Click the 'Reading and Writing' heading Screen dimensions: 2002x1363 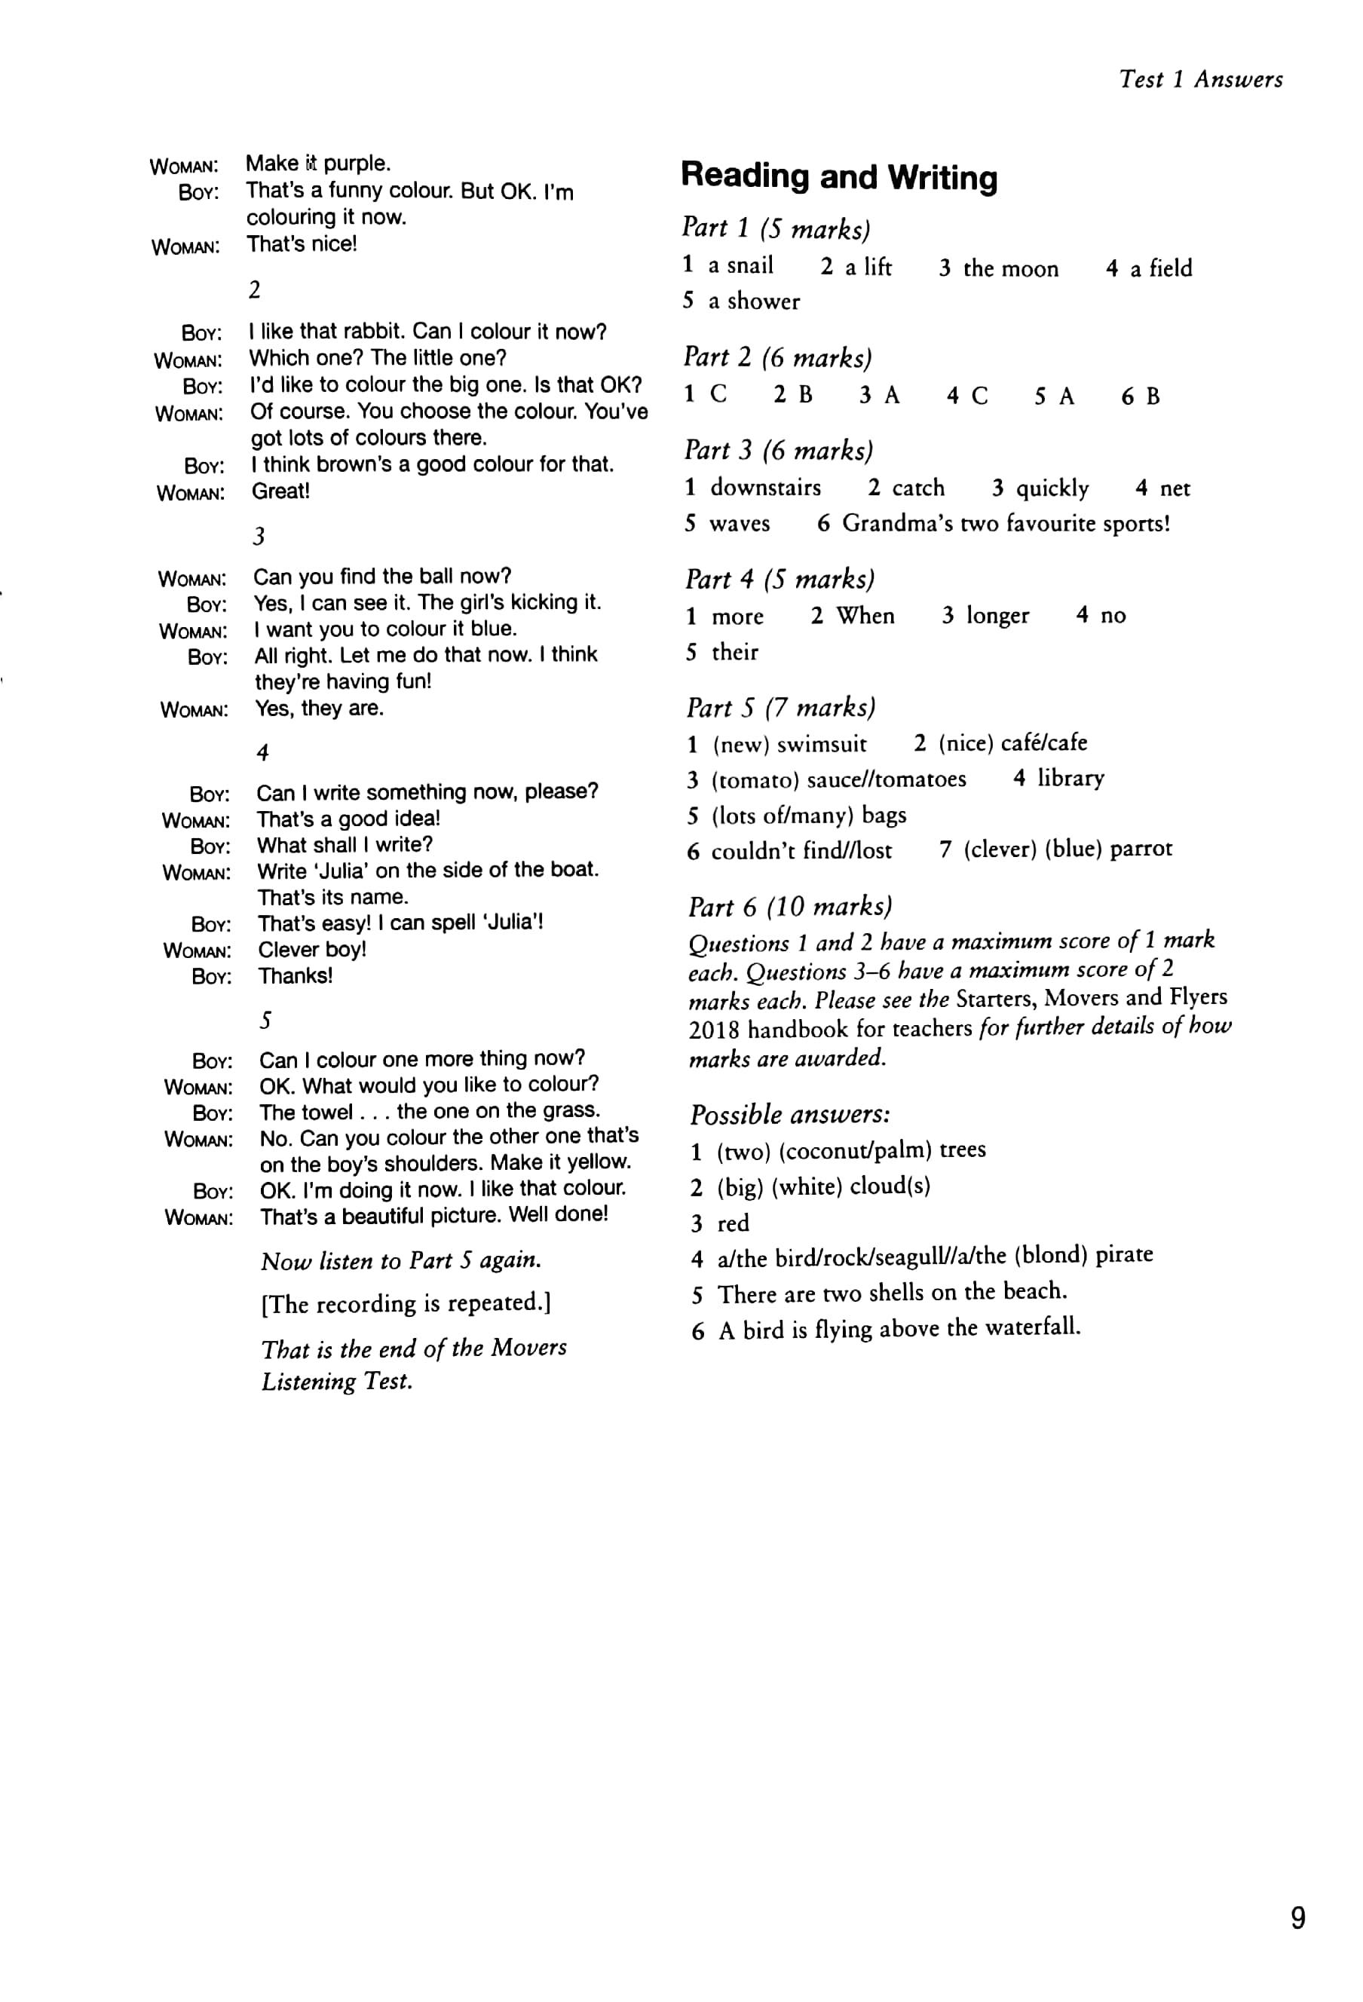point(838,176)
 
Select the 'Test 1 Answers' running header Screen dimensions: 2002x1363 point(1200,79)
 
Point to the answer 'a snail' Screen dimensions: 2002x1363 point(740,265)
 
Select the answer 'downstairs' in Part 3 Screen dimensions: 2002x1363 point(765,488)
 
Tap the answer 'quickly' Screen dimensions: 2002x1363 point(1052,488)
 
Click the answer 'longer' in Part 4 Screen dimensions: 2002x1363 point(997,615)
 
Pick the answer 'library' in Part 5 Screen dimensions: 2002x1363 point(1070,778)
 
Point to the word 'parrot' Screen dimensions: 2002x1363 point(1141,849)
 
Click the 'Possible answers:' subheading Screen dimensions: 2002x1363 point(789,1115)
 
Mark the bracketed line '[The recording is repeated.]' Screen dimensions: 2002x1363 point(406,1303)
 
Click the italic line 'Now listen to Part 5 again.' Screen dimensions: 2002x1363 point(400,1261)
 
